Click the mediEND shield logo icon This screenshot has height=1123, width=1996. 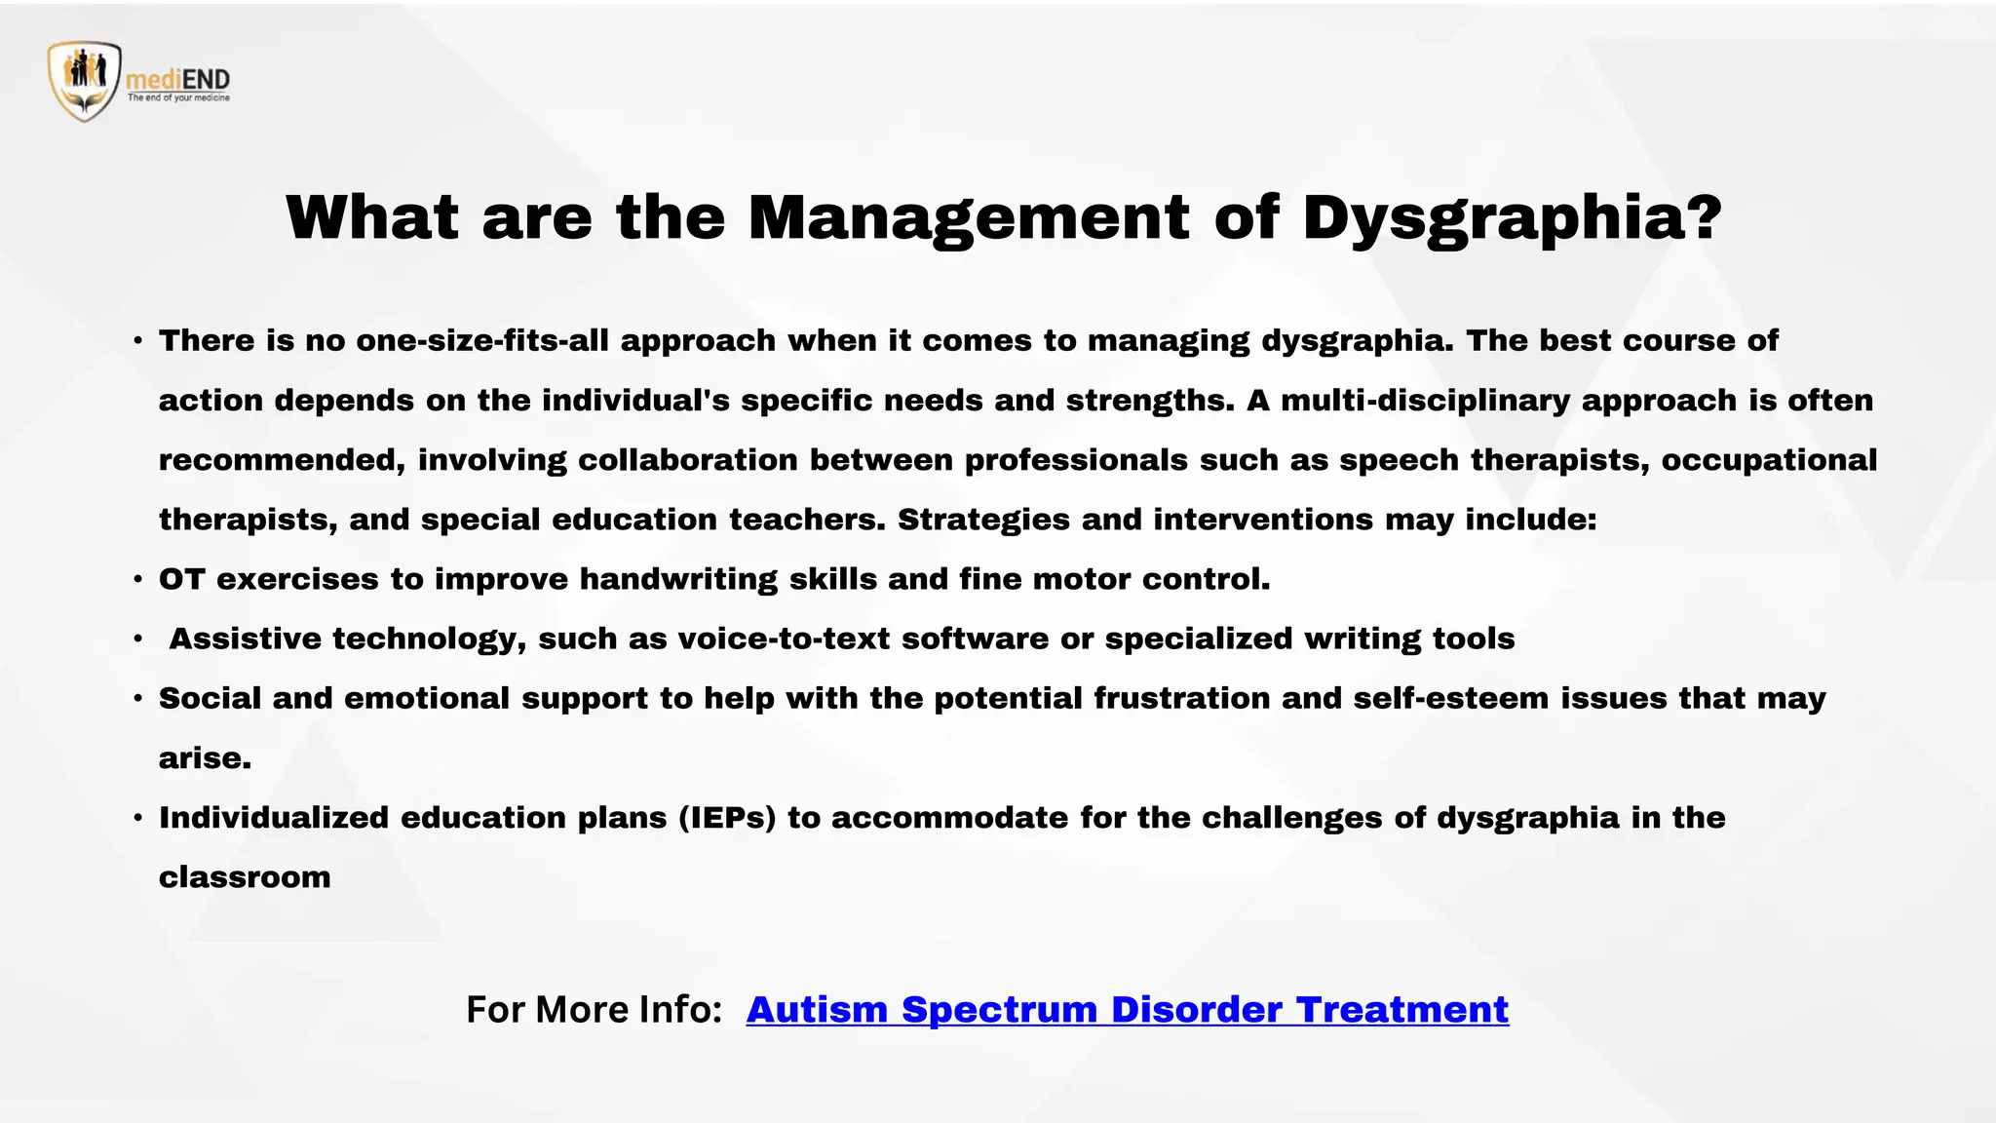pyautogui.click(x=85, y=81)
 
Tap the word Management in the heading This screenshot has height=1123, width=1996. pyautogui.click(x=968, y=218)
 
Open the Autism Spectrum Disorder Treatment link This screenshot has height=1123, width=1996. pyautogui.click(x=1127, y=1010)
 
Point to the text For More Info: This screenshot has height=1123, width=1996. pyautogui.click(x=594, y=1010)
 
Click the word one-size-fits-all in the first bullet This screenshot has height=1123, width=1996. pyautogui.click(x=481, y=341)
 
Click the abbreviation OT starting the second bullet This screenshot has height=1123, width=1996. pyautogui.click(x=182, y=580)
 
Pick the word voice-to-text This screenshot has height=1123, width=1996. pyautogui.click(x=784, y=639)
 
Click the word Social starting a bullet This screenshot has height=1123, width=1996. pyautogui.click(x=210, y=699)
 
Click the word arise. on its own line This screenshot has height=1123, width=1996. pyautogui.click(x=205, y=758)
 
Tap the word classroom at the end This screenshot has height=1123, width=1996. pyautogui.click(x=245, y=877)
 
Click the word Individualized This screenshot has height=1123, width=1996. pyautogui.click(x=274, y=818)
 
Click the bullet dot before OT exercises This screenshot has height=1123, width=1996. pyautogui.click(x=138, y=580)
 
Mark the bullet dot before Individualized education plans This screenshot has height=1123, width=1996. pyautogui.click(x=138, y=818)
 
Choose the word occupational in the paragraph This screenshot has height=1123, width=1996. pyautogui.click(x=1768, y=460)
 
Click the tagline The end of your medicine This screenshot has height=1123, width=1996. pyautogui.click(x=178, y=98)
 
